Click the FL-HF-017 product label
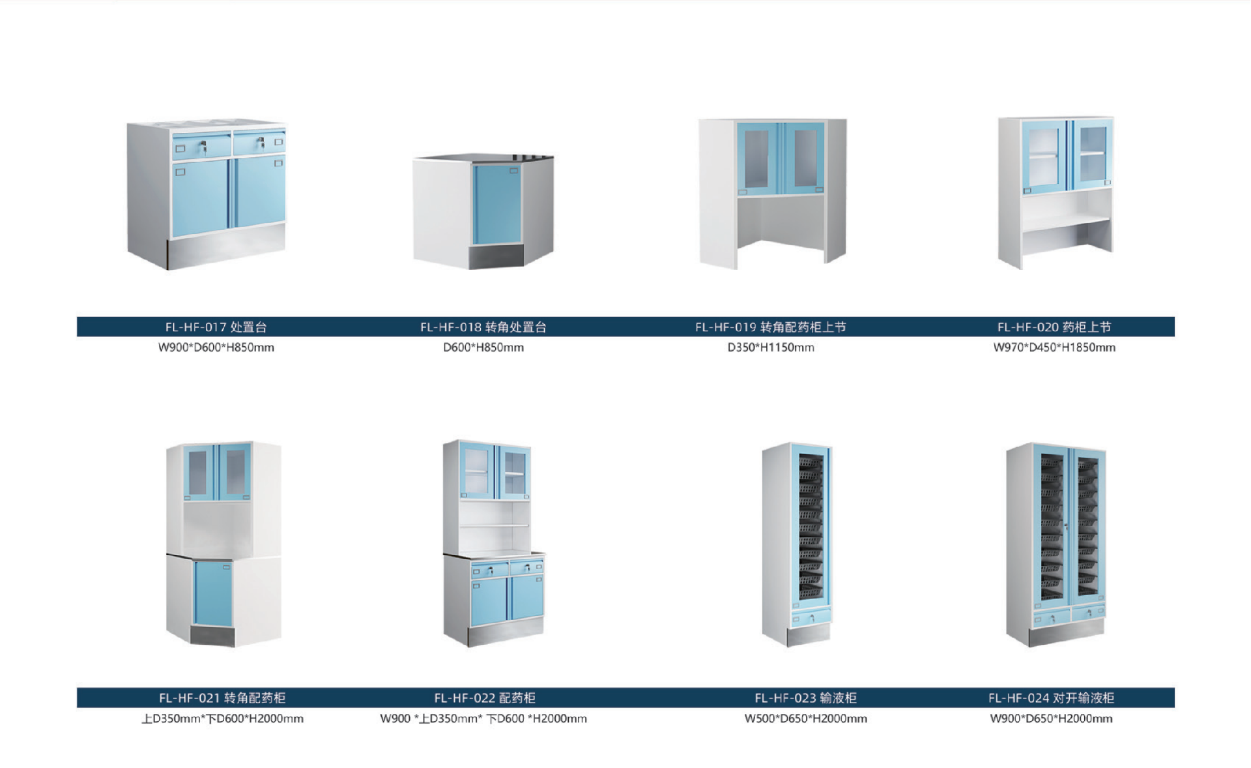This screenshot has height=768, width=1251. point(216,327)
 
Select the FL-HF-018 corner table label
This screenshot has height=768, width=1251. point(483,327)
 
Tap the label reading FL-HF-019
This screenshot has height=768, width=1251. point(770,327)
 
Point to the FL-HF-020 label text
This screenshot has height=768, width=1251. point(1054,327)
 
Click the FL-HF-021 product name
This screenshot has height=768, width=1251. point(222,698)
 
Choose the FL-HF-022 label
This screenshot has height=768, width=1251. point(484,698)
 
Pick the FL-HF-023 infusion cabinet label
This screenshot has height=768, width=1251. point(805,698)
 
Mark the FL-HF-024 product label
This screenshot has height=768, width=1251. point(1051,698)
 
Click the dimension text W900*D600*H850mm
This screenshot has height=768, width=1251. point(216,347)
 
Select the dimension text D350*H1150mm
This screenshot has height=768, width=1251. point(770,347)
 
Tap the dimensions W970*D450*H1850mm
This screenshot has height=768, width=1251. point(1054,347)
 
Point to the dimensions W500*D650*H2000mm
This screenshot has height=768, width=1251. point(805,718)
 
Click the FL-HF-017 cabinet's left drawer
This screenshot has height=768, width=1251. point(202,145)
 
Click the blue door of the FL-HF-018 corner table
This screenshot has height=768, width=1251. point(496,204)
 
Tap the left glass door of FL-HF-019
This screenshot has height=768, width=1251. point(758,159)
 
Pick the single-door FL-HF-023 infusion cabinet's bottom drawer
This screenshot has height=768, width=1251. point(811,616)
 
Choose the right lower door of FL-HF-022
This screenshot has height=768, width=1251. point(526,598)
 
